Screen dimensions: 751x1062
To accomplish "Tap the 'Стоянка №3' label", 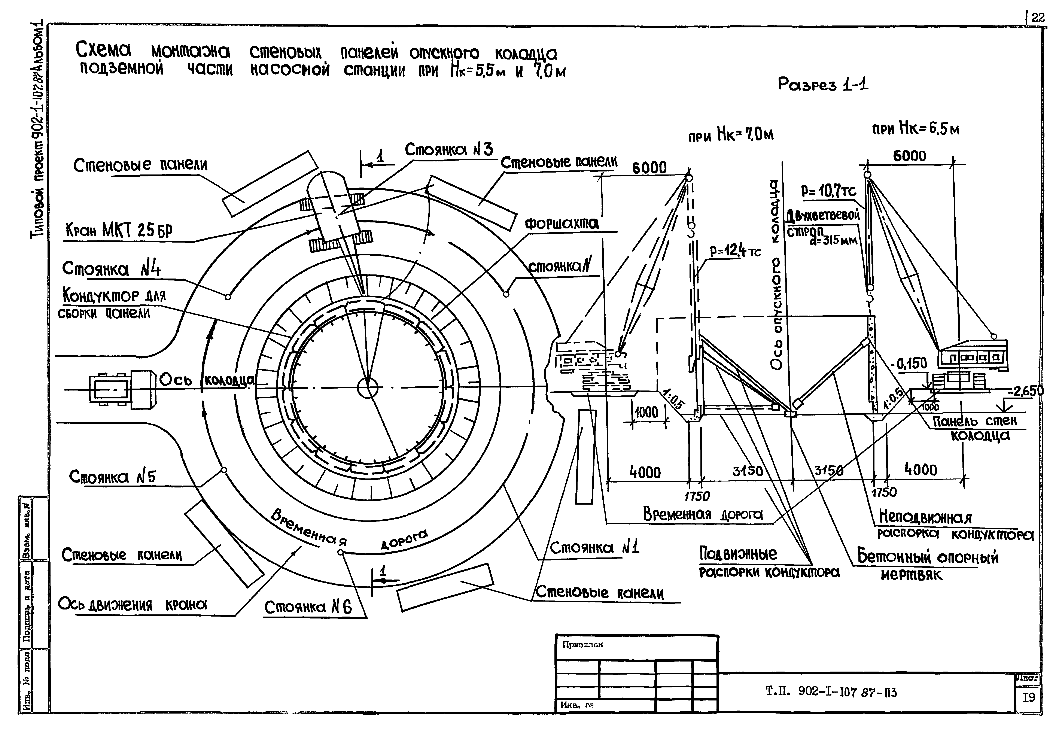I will pos(449,149).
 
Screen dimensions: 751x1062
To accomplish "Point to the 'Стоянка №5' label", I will pos(112,476).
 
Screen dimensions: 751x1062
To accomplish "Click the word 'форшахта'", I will pos(561,224).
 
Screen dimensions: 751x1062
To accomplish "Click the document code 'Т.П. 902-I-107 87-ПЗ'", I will pos(831,692).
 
